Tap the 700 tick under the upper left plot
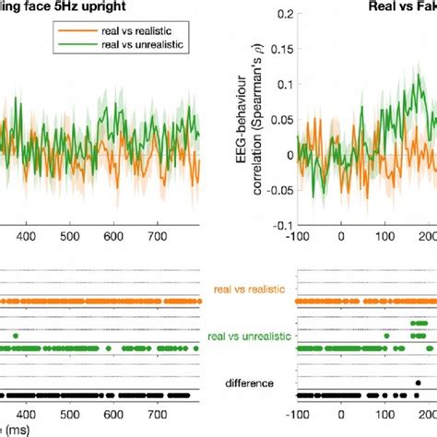click(x=167, y=236)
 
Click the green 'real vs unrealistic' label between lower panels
click(x=248, y=337)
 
